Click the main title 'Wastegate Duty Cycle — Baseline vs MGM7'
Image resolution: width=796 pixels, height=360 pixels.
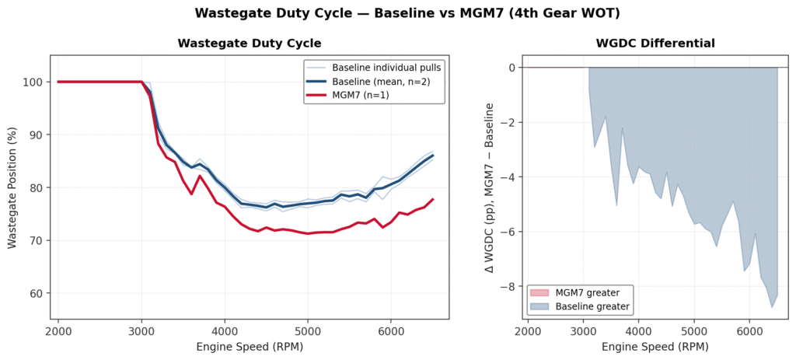(397, 13)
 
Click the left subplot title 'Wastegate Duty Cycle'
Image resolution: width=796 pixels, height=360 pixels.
(250, 44)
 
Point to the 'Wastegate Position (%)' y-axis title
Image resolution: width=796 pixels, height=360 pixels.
(12, 187)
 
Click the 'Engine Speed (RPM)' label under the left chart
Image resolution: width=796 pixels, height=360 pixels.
(250, 346)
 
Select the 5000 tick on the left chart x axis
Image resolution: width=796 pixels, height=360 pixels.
(308, 330)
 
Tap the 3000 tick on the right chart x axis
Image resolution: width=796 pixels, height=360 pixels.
(584, 330)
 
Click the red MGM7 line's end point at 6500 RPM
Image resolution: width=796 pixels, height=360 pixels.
(433, 199)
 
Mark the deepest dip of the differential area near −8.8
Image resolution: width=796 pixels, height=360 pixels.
(772, 307)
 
